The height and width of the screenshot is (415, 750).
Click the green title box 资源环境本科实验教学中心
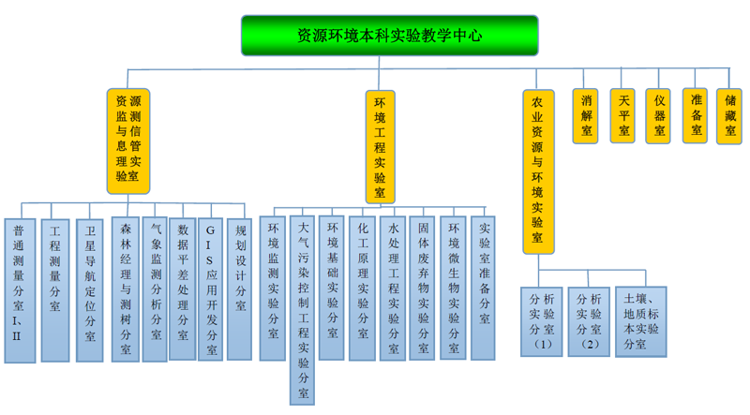click(x=390, y=36)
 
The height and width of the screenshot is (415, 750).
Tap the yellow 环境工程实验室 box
click(x=380, y=146)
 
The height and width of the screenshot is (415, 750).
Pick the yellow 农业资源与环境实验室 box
click(x=537, y=170)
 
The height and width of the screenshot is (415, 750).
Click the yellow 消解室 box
click(x=588, y=115)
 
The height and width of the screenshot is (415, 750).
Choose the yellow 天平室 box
click(x=623, y=115)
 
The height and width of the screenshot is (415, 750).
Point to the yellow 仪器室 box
click(x=660, y=115)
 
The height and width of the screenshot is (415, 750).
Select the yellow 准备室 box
click(x=696, y=115)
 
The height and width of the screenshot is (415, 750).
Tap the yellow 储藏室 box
click(x=730, y=115)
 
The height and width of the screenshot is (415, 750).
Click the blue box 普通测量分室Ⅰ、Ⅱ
click(x=20, y=289)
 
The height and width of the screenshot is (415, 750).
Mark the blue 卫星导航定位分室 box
click(x=90, y=289)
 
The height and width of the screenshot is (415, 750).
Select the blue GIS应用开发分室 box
click(x=211, y=289)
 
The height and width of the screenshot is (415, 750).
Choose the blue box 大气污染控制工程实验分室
click(x=302, y=310)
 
